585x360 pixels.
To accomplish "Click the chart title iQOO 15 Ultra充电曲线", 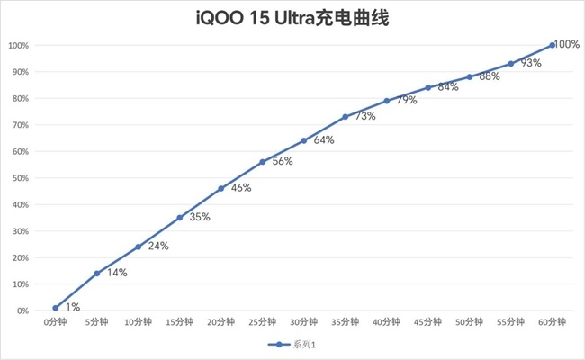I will tap(292, 17).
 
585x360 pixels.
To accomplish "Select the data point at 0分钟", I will tap(56, 308).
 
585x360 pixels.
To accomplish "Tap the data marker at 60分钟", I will tap(552, 45).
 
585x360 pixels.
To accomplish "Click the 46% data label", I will tap(240, 188).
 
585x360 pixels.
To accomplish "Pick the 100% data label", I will tap(566, 44).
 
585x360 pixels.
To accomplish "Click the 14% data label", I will tap(116, 272).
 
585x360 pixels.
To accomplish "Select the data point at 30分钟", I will tap(304, 140).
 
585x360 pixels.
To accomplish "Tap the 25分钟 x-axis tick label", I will tap(262, 321).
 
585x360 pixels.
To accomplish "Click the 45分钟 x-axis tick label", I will tap(427, 321).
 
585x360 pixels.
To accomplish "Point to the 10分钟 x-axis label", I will tap(138, 321).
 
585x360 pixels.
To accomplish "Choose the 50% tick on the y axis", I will tap(19, 178).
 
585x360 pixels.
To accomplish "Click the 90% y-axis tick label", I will tap(19, 72).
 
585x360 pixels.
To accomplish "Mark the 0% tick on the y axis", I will tap(22, 310).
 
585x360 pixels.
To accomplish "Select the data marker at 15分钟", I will tap(180, 218).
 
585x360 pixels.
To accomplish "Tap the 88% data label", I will tap(489, 76).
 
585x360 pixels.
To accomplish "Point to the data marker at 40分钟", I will tap(387, 101).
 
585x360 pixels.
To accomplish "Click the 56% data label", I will tap(282, 161).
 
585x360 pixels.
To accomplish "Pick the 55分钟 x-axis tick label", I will tap(510, 321).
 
